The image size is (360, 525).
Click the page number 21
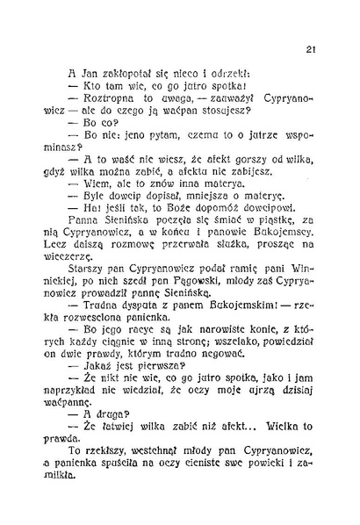[x=311, y=50]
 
